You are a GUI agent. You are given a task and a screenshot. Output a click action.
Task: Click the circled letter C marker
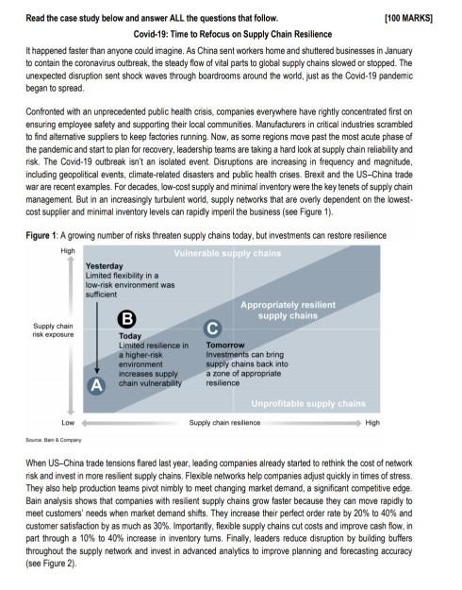(214, 329)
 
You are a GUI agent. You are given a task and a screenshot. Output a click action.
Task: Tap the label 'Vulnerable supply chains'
(227, 254)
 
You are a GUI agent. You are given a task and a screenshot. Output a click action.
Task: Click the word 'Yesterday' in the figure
(105, 266)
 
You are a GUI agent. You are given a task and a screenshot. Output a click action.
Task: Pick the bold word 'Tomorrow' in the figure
(225, 346)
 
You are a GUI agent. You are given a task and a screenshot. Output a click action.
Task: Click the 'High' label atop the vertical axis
(68, 251)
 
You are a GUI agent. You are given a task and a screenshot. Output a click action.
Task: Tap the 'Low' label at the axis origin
(68, 422)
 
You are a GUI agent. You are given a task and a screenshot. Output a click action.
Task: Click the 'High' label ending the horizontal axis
(372, 422)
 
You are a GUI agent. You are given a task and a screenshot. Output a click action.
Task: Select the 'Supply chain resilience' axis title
(225, 422)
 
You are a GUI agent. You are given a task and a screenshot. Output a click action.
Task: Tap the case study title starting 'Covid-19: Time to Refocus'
(230, 33)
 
